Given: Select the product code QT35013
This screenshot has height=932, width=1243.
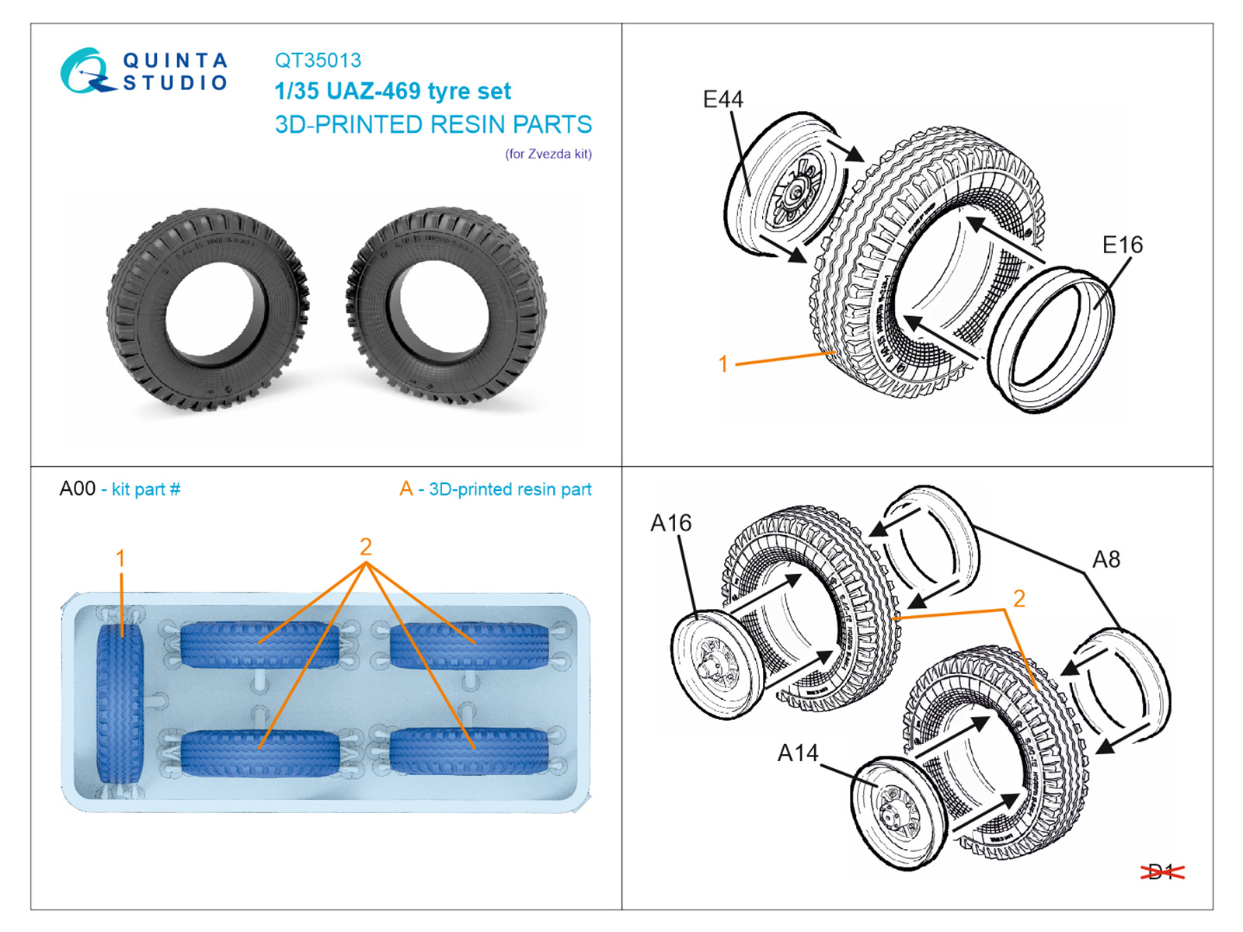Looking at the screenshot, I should (318, 61).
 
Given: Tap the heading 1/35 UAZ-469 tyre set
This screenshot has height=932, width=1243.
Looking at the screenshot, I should (392, 92).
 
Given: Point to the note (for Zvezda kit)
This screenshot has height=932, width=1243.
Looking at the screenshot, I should (548, 154).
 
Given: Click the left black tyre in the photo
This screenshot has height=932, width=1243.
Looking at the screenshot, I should (207, 308).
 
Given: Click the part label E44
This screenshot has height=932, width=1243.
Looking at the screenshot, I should (722, 99).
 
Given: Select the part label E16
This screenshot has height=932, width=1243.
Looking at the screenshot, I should (1123, 245).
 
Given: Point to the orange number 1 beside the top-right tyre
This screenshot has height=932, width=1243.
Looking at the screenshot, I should (723, 363).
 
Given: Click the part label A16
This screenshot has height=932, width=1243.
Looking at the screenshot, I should (670, 523).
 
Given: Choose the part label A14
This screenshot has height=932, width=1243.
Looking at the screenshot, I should (798, 753).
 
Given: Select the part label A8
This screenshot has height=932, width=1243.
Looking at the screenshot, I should (1106, 559).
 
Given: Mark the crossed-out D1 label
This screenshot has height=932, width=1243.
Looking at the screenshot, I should (1161, 872).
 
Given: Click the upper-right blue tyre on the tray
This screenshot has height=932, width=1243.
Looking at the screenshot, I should (469, 645).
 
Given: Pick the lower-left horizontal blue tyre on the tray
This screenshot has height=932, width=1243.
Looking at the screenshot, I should (260, 752).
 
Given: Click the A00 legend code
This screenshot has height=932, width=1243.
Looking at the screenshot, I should (78, 489).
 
